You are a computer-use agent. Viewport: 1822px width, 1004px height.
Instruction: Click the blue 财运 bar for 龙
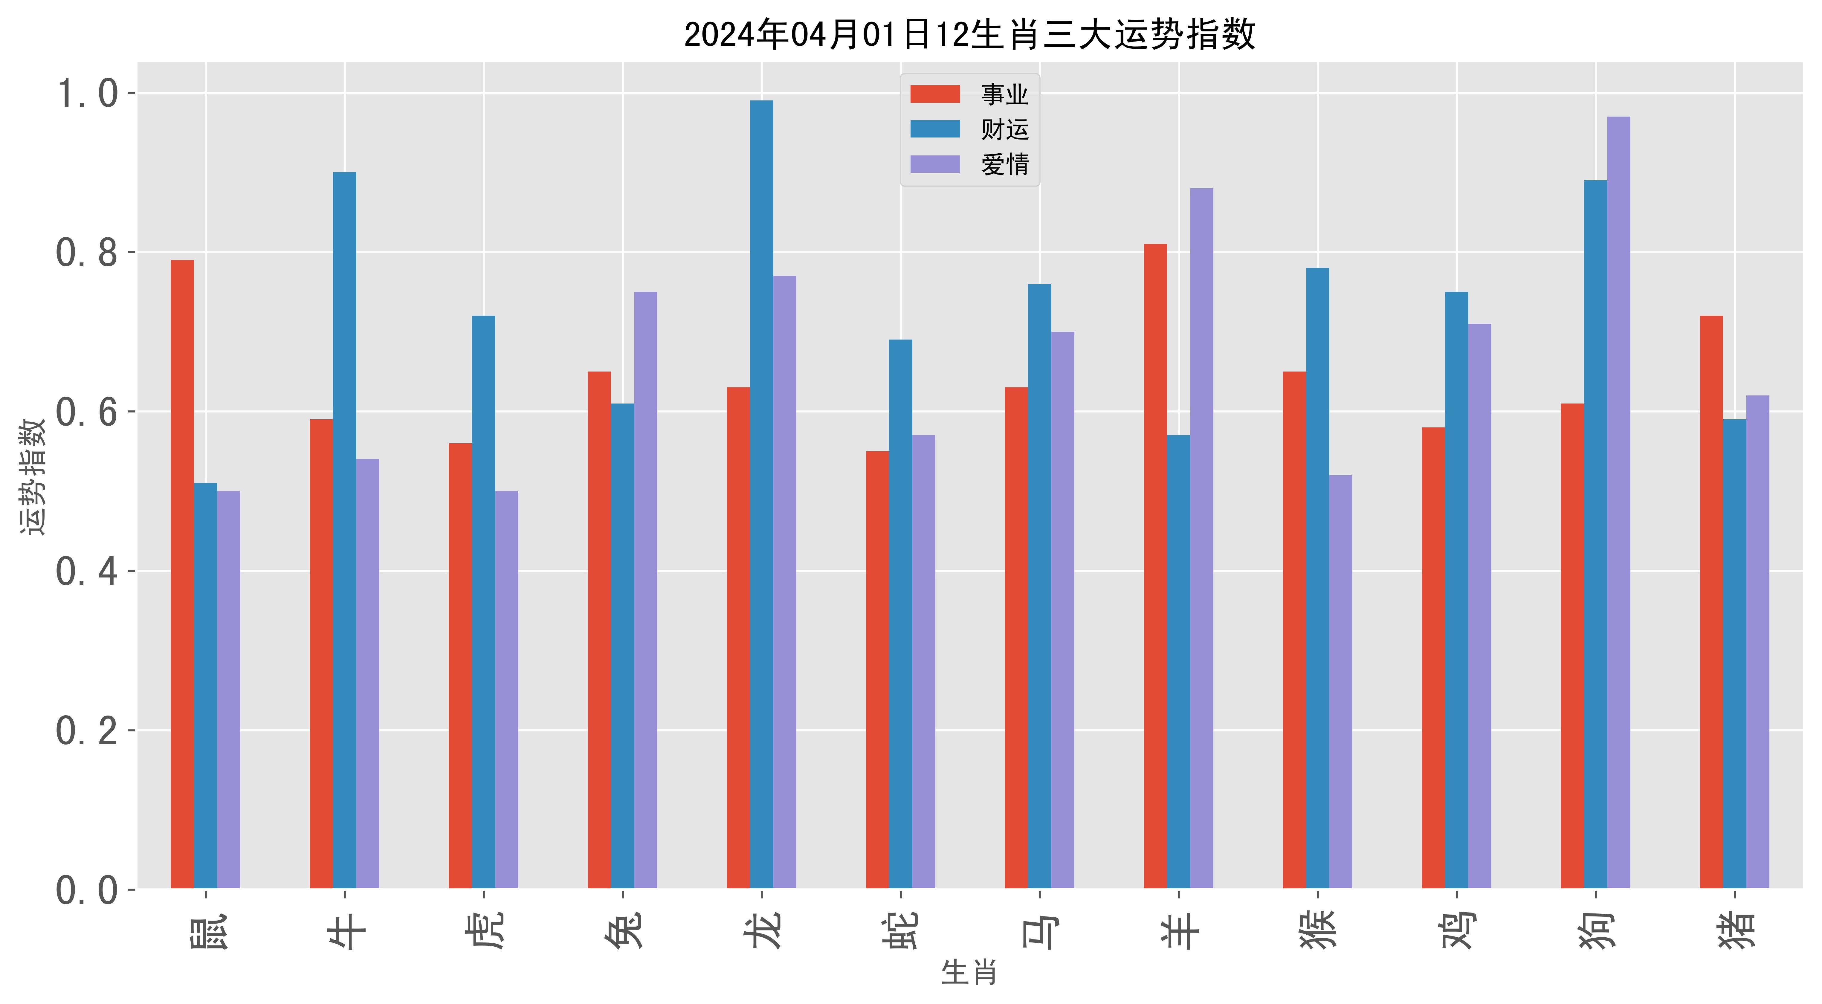[762, 495]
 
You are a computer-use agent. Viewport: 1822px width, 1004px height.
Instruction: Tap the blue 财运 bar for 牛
[344, 530]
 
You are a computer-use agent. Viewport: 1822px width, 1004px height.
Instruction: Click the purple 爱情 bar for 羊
[1202, 537]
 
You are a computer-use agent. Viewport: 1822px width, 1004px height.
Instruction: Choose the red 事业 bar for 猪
[1712, 601]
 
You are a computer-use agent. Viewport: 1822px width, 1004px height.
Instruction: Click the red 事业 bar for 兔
[599, 629]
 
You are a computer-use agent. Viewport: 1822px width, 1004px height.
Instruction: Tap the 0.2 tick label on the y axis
[86, 731]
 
